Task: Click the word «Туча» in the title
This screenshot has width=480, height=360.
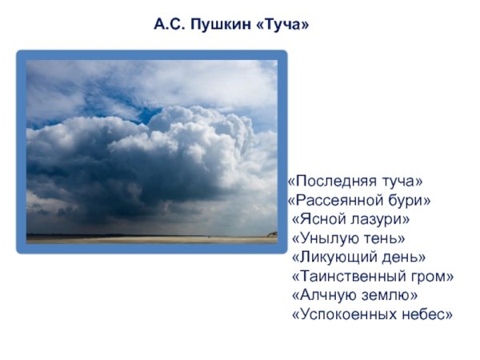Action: [x=282, y=25]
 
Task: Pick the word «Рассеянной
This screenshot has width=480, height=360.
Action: [x=333, y=200]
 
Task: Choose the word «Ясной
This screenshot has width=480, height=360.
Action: [x=317, y=219]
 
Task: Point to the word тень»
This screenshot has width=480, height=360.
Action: [x=385, y=238]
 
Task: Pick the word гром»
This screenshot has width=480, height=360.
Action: [x=433, y=277]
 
